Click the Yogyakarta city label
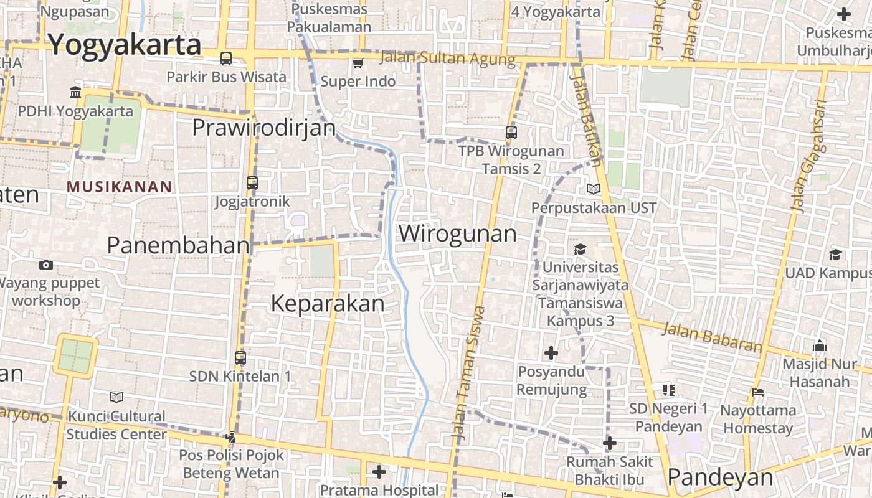(125, 45)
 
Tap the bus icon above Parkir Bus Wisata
(226, 59)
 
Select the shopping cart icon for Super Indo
(358, 63)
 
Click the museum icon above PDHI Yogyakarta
(75, 93)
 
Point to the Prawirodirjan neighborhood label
(263, 128)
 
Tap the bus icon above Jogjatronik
(252, 183)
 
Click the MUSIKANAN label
(119, 186)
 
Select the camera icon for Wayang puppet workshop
(45, 265)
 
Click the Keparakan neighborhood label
(328, 303)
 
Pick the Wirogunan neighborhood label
(458, 233)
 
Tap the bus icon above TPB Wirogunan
(511, 133)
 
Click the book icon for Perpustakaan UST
(594, 189)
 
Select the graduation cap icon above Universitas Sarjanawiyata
(581, 249)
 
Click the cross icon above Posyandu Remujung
(551, 353)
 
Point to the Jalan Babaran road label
(712, 337)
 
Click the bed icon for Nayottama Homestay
(758, 392)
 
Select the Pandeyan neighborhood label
(720, 477)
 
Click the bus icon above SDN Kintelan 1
(240, 358)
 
